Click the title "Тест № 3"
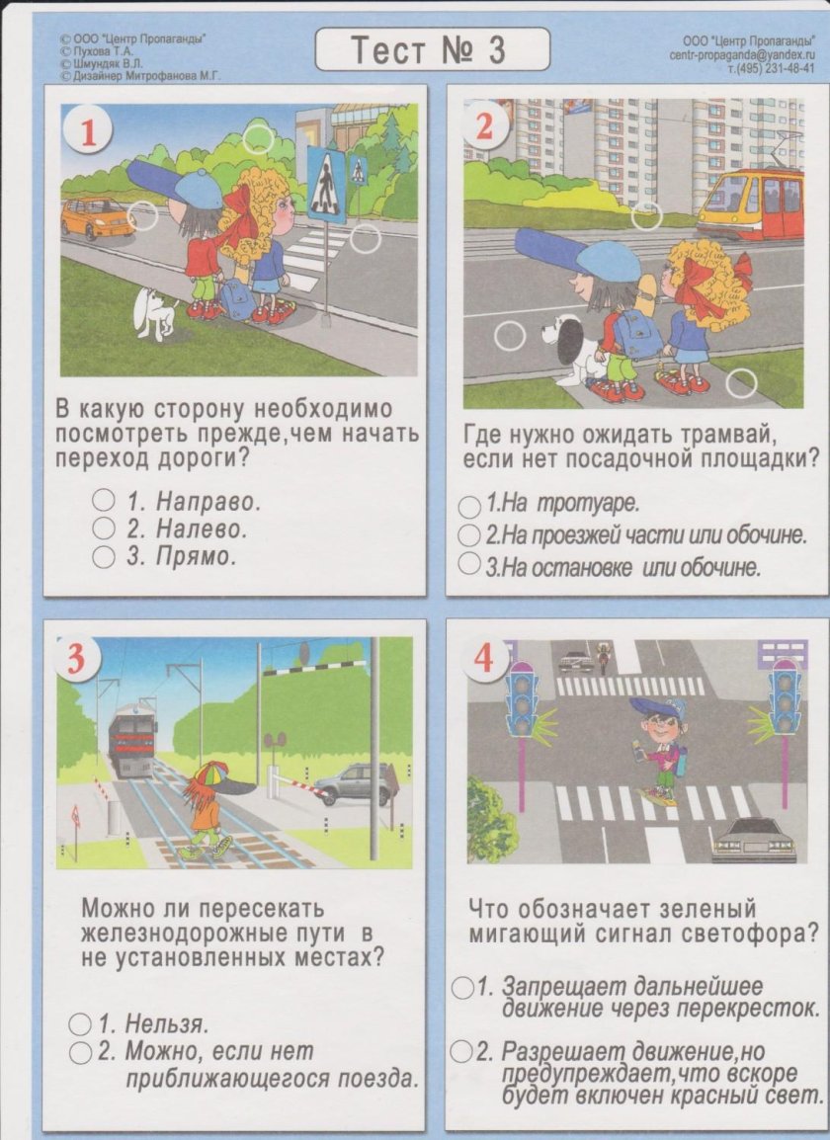(x=432, y=49)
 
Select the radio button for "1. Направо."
(x=104, y=500)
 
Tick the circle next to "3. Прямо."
(x=104, y=557)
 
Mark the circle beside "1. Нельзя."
(x=80, y=1024)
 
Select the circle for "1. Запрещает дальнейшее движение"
(x=461, y=987)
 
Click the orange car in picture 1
(x=97, y=217)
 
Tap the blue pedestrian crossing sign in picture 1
(x=326, y=185)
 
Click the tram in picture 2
(x=751, y=204)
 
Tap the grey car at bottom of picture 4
(x=753, y=840)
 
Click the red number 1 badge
(x=89, y=132)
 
